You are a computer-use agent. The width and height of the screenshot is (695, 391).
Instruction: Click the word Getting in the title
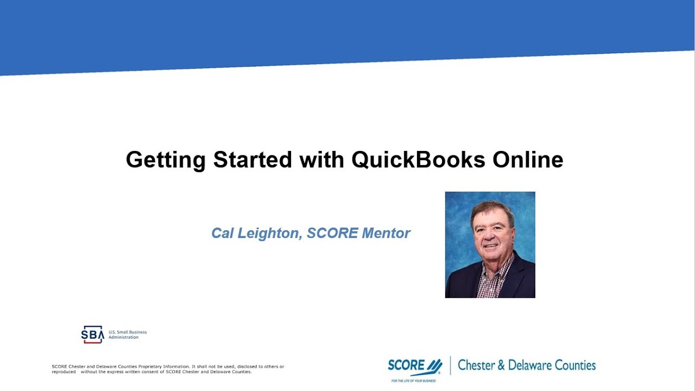point(166,160)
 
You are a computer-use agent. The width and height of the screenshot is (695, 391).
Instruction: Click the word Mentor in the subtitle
point(386,234)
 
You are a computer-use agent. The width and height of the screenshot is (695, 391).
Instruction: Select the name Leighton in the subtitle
point(270,234)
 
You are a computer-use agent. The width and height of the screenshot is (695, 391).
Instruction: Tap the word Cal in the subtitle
point(222,234)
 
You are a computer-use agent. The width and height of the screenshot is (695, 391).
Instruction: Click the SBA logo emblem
point(92,335)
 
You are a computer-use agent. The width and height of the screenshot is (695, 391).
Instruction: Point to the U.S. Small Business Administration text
point(128,335)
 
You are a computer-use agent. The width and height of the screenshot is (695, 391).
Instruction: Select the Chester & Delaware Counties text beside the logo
point(527,365)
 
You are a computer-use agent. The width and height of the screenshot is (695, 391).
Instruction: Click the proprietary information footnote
point(168,369)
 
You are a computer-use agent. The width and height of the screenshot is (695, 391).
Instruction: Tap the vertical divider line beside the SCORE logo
point(450,366)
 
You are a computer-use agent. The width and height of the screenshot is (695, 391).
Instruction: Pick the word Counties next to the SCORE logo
point(573,365)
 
